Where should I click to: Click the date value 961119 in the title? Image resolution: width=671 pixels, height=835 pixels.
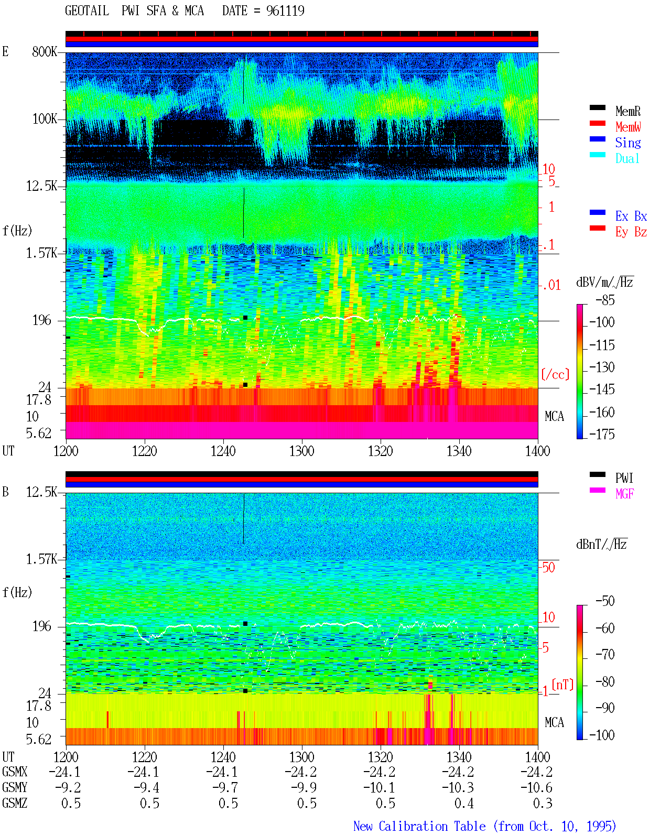point(285,10)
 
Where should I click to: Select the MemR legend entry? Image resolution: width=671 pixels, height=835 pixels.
point(628,111)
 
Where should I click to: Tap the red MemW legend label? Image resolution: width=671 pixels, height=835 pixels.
point(628,127)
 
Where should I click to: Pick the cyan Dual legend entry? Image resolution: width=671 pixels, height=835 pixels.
point(627,158)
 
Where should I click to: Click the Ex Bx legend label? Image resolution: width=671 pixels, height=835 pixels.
point(631,216)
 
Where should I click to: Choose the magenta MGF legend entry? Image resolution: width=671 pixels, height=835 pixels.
point(624,494)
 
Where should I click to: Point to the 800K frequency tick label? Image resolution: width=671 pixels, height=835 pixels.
point(45,51)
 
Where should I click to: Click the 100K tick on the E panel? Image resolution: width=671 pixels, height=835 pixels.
point(45,119)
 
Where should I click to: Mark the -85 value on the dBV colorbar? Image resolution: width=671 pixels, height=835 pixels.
point(605,300)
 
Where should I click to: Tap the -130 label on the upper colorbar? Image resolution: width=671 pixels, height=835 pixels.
point(602,367)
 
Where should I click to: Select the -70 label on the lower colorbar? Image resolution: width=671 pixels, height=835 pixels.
point(605,655)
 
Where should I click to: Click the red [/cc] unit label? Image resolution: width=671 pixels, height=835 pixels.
point(555,374)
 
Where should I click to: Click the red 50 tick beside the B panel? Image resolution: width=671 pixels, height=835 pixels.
point(549,567)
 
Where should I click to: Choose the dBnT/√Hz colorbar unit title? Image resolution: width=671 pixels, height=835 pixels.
point(602,544)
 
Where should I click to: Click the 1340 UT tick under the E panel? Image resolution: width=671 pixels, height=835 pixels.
point(459,451)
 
